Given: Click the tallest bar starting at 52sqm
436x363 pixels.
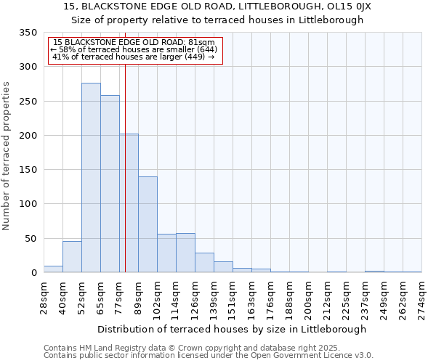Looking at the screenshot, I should (x=91, y=178).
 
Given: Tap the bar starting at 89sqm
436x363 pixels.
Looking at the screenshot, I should (x=148, y=224).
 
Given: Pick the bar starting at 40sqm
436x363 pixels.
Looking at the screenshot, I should (x=72, y=257).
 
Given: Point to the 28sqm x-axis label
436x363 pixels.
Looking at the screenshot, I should (x=44, y=296).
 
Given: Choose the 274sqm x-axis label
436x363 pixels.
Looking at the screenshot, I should (x=422, y=296).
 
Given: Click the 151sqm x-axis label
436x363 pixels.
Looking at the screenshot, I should (x=233, y=296).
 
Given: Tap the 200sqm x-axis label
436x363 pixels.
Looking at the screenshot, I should (x=309, y=296).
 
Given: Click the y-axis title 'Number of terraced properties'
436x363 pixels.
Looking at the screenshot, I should (x=7, y=155).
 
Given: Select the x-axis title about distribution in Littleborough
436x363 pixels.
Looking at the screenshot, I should (x=233, y=329).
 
